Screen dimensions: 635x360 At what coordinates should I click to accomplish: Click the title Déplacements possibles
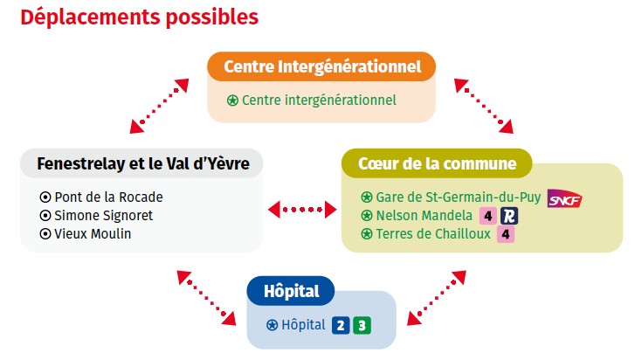(139, 17)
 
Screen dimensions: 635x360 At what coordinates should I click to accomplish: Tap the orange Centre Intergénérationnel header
(321, 66)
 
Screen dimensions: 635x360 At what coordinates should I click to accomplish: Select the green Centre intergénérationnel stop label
(319, 100)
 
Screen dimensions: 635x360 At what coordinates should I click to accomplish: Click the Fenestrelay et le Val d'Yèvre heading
(143, 163)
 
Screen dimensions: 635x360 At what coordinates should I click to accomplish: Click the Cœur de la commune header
(437, 163)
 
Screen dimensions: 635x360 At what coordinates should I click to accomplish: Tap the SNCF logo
(564, 198)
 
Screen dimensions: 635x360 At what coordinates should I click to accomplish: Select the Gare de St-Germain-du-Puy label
(458, 197)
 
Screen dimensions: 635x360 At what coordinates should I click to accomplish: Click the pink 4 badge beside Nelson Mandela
(488, 216)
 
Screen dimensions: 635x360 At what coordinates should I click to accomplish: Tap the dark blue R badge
(509, 216)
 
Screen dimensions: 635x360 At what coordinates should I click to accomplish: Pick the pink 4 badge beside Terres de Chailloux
(506, 234)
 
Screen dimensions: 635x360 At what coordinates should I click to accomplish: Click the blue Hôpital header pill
(291, 291)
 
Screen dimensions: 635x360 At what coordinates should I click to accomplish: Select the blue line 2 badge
(341, 325)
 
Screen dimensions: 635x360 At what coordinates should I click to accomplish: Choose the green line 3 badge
(362, 325)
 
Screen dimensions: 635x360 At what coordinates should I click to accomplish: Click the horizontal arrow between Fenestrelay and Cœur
(302, 210)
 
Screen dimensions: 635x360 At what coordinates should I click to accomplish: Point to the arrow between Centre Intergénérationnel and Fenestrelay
(159, 106)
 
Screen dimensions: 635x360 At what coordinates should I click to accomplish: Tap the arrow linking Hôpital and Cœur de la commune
(437, 299)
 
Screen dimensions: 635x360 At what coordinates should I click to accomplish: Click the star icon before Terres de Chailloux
(367, 234)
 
